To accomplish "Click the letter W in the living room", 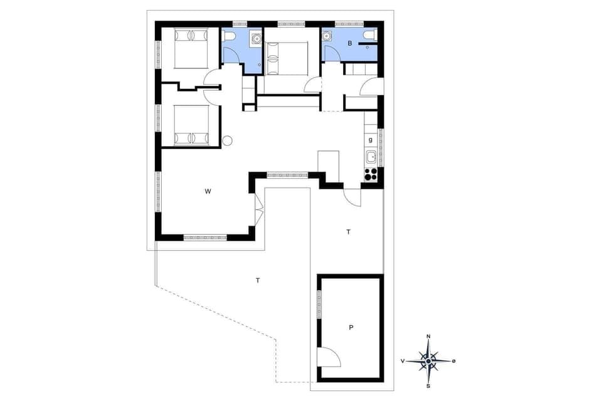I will pos(207,192).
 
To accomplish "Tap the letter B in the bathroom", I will pos(350,43).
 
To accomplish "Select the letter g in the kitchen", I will pos(371,140).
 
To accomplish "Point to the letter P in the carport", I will pos(351,327).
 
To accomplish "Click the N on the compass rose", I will pos(428,337).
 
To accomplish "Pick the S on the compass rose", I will pos(428,385).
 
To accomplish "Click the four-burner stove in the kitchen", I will pos(371,173).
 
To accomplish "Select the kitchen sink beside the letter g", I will pos(371,157).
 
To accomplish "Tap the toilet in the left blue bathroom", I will pos(230,36).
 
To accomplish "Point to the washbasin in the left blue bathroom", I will pos(256,39).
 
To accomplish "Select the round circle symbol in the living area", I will pos(228,141).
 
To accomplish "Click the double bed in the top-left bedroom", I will pos(191,48).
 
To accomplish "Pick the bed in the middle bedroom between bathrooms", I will pos(287,58).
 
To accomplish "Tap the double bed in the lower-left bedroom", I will pos(191,125).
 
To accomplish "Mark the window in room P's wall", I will pos(319,303).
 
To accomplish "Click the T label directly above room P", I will pos(348,232).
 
